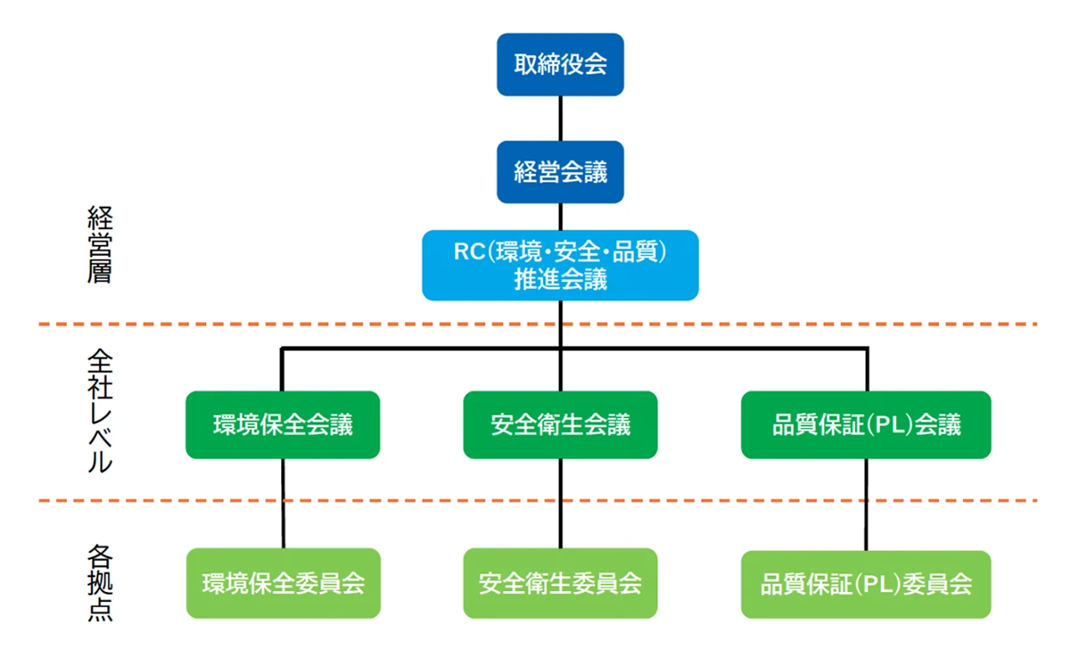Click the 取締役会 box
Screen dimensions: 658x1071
[x=560, y=65]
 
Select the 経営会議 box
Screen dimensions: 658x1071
[x=560, y=172]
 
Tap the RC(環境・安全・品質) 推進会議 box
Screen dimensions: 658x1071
[x=560, y=265]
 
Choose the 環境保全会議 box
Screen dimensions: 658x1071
[x=283, y=425]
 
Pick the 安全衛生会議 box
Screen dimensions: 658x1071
[x=560, y=425]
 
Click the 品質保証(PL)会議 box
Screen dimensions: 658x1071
[x=866, y=425]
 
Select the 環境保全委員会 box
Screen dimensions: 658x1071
[x=283, y=583]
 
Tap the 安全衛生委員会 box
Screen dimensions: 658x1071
[x=560, y=583]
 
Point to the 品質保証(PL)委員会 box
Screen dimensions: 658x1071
[x=866, y=584]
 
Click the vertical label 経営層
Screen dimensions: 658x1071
[x=100, y=246]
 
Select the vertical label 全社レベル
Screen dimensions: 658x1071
[x=100, y=411]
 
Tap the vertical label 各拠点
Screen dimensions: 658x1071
[x=100, y=584]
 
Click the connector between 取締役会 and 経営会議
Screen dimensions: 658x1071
[x=560, y=118]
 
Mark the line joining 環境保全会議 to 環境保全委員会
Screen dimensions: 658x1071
[x=283, y=502]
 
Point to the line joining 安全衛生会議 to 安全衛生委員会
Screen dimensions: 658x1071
[x=560, y=502]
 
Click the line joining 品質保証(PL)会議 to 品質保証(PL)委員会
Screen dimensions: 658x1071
[x=866, y=504]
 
